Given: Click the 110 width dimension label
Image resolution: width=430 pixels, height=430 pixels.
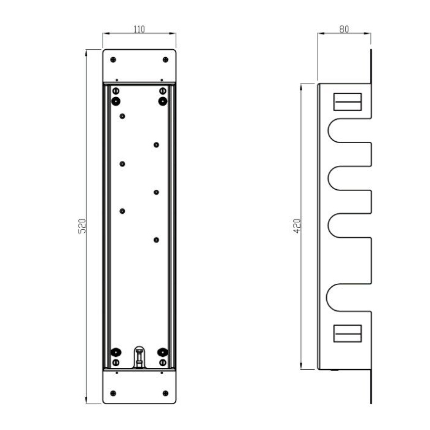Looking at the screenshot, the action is point(139,29).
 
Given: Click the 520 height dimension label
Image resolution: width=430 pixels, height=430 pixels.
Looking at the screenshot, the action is point(82,226).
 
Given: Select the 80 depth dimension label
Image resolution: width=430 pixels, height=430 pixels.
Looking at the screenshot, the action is point(344,29).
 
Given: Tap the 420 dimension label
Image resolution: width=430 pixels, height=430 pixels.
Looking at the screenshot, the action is point(297,226).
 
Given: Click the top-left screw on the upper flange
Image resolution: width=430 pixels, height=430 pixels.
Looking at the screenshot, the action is point(113,60).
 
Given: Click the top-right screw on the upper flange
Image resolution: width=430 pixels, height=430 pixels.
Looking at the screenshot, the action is point(165,60).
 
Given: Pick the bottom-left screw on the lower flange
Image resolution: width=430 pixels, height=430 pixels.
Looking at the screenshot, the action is point(113,393).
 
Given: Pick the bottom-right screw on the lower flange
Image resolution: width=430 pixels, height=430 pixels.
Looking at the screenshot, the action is point(165,393).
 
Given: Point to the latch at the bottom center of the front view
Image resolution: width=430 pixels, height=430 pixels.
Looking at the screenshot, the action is point(139,357).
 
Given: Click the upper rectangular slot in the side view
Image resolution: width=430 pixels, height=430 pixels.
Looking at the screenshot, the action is point(348,102).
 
